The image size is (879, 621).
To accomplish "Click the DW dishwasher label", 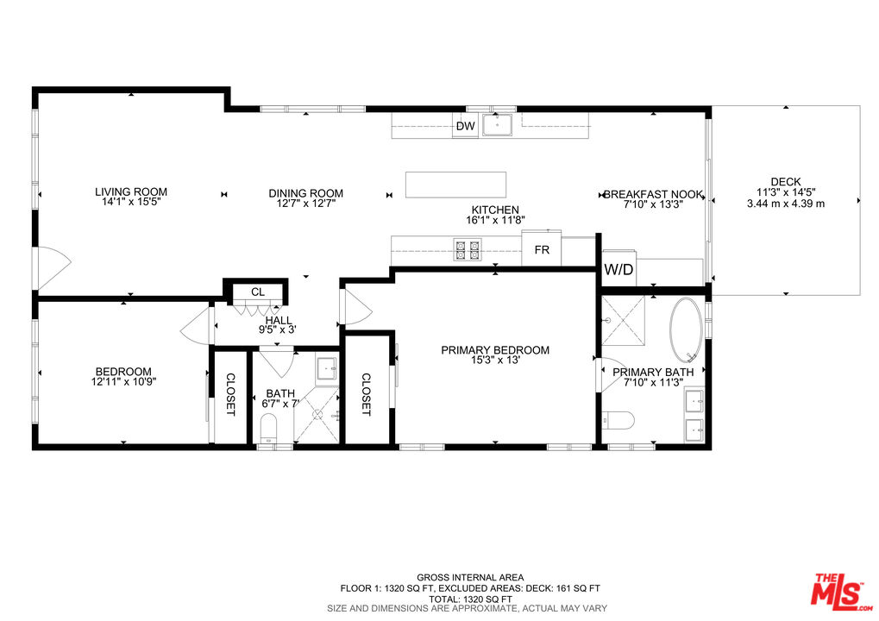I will (466, 127).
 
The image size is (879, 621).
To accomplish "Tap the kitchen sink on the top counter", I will (497, 126).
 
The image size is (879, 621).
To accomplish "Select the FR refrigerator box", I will (542, 250).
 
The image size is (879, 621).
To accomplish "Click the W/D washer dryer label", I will (618, 269).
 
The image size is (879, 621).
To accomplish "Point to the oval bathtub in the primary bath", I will (687, 331).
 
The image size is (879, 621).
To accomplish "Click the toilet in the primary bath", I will (619, 421).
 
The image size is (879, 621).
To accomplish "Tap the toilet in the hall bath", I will (269, 427).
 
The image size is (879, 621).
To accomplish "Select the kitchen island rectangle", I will (456, 185).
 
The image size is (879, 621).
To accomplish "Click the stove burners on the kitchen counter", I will (468, 251).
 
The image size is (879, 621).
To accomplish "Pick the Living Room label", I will (131, 191).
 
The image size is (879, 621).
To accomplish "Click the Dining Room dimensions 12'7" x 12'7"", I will (305, 204).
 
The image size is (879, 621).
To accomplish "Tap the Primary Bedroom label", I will (495, 350).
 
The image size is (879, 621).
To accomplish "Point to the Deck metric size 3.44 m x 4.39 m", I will (786, 204).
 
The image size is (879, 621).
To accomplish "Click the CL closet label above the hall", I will (257, 292).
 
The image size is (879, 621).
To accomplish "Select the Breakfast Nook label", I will (653, 195).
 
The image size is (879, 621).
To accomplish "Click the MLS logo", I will (838, 590).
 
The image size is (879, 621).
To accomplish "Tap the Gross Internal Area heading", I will (470, 578).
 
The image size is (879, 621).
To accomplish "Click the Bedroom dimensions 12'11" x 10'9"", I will (124, 380).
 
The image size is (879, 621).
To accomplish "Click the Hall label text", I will (279, 320).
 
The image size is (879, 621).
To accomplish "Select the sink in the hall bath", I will (327, 369).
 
